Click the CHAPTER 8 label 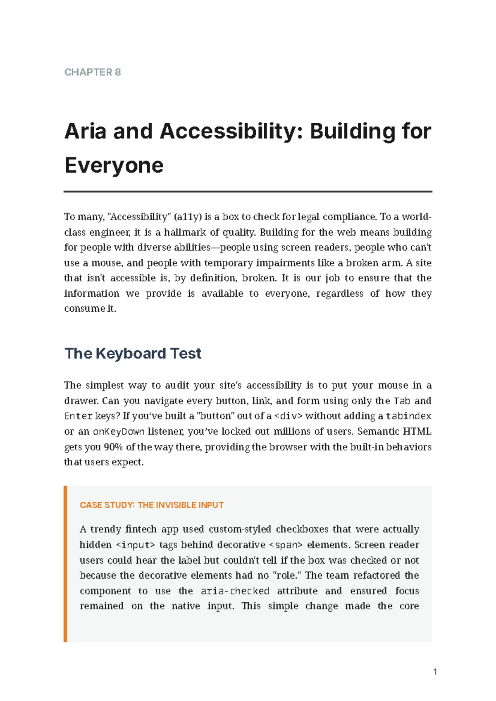pos(93,72)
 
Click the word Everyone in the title pos(114,165)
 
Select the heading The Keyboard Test pos(133,353)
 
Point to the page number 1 pos(435,672)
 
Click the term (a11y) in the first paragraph pos(188,217)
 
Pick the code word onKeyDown pos(119,432)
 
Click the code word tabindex pos(408,416)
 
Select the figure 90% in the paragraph pos(113,447)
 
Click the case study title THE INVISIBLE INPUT pos(181,505)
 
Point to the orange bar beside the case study pos(65,564)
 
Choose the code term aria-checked pos(235,591)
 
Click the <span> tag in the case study pos(286,545)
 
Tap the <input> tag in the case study pos(136,545)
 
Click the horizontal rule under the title pos(248,192)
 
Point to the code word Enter pos(78,416)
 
